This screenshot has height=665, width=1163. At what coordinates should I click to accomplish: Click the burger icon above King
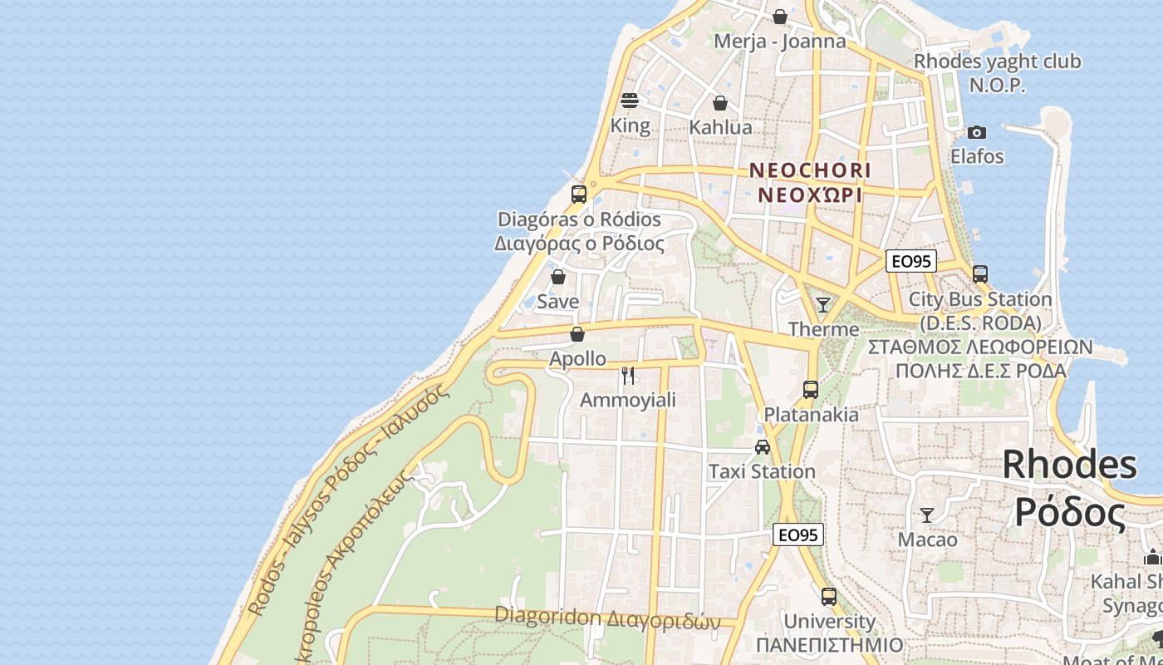pyautogui.click(x=629, y=101)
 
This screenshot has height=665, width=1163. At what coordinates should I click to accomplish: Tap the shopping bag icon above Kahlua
pyautogui.click(x=720, y=103)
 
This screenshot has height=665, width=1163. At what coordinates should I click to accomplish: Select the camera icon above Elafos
pyautogui.click(x=977, y=132)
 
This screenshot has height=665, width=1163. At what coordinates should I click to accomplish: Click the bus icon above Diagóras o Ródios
pyautogui.click(x=579, y=195)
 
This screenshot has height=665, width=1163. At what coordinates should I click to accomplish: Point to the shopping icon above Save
pyautogui.click(x=558, y=277)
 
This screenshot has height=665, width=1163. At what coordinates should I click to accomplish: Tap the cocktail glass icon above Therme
pyautogui.click(x=823, y=305)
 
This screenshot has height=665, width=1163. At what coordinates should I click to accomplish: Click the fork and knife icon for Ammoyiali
pyautogui.click(x=628, y=376)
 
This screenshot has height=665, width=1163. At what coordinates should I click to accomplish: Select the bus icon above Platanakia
pyautogui.click(x=811, y=389)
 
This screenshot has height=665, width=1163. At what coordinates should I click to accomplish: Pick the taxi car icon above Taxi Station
pyautogui.click(x=762, y=447)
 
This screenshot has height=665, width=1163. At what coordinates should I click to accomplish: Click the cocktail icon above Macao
pyautogui.click(x=927, y=515)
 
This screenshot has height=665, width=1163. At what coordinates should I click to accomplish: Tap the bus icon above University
pyautogui.click(x=829, y=596)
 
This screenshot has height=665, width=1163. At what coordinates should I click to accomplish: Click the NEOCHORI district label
pyautogui.click(x=810, y=170)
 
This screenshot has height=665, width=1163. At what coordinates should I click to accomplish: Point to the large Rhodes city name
pyautogui.click(x=1069, y=465)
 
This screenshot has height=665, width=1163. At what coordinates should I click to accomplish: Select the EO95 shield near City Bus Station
pyautogui.click(x=910, y=261)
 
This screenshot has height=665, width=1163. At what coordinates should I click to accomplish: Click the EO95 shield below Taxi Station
pyautogui.click(x=797, y=534)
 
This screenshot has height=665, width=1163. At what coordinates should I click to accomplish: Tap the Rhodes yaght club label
pyautogui.click(x=997, y=62)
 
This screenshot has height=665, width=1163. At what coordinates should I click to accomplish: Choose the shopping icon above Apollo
pyautogui.click(x=577, y=334)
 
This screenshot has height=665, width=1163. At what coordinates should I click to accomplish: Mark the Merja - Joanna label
pyautogui.click(x=780, y=42)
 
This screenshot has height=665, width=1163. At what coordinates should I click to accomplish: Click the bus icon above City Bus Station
pyautogui.click(x=980, y=273)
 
